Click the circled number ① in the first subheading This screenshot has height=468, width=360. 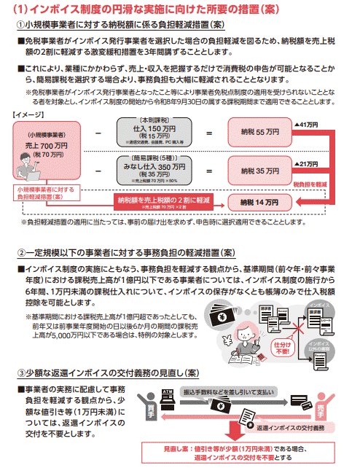pos(19,23)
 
